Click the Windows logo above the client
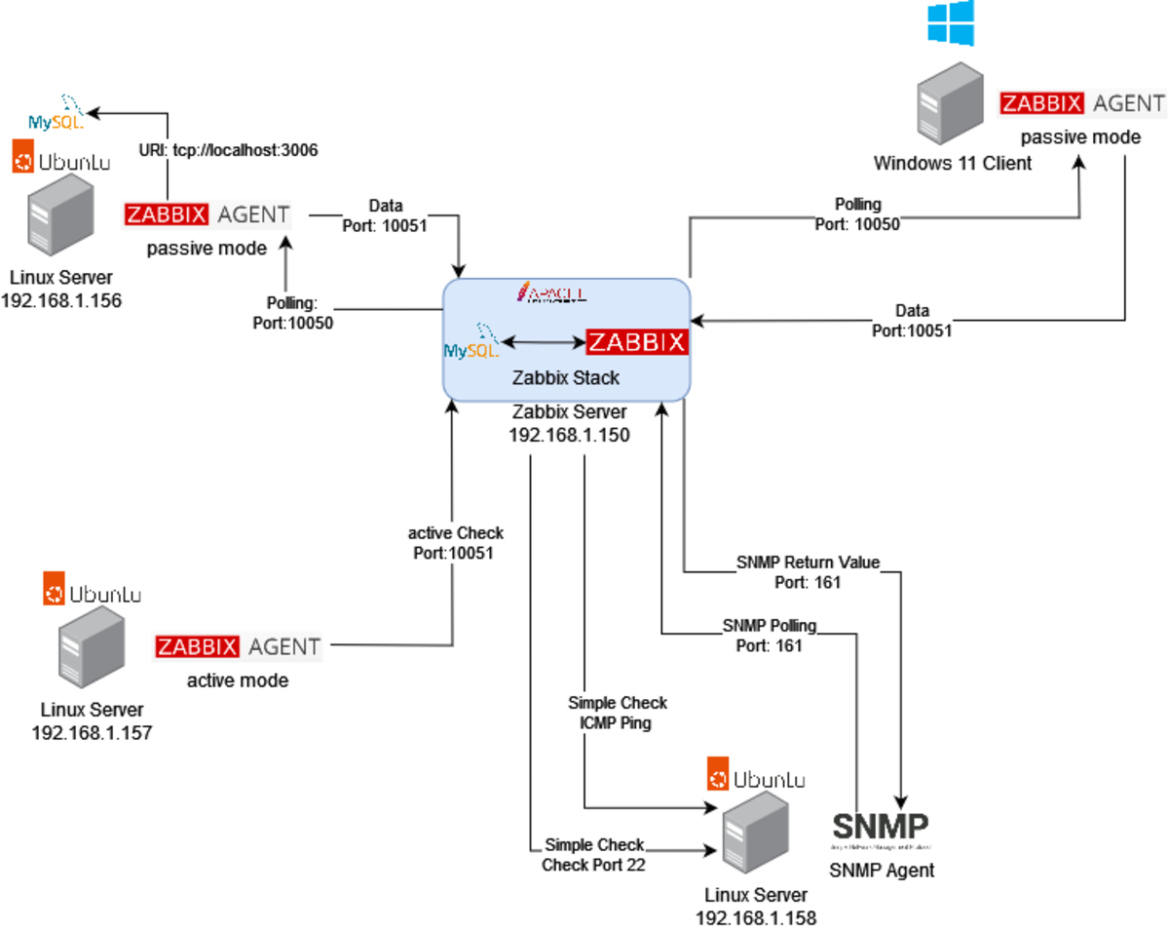(950, 22)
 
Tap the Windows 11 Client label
(952, 163)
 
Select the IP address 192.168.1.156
(61, 300)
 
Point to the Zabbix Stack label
(567, 377)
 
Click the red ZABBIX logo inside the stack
(637, 342)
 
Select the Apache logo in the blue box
(551, 292)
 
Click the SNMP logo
(882, 828)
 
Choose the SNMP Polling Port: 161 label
(770, 635)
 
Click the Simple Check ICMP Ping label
(618, 713)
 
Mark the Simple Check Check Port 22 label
(594, 854)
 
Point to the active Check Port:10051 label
(455, 542)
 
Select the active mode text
(238, 679)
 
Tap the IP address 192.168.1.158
(756, 916)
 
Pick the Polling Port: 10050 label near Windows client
(858, 213)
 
